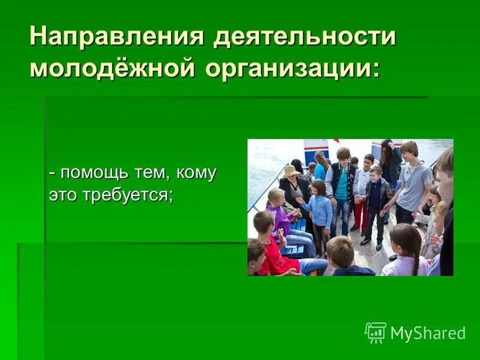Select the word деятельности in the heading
tap(305, 37)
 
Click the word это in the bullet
tap(61, 196)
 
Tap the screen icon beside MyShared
tap(376, 332)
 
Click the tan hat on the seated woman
tap(292, 172)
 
